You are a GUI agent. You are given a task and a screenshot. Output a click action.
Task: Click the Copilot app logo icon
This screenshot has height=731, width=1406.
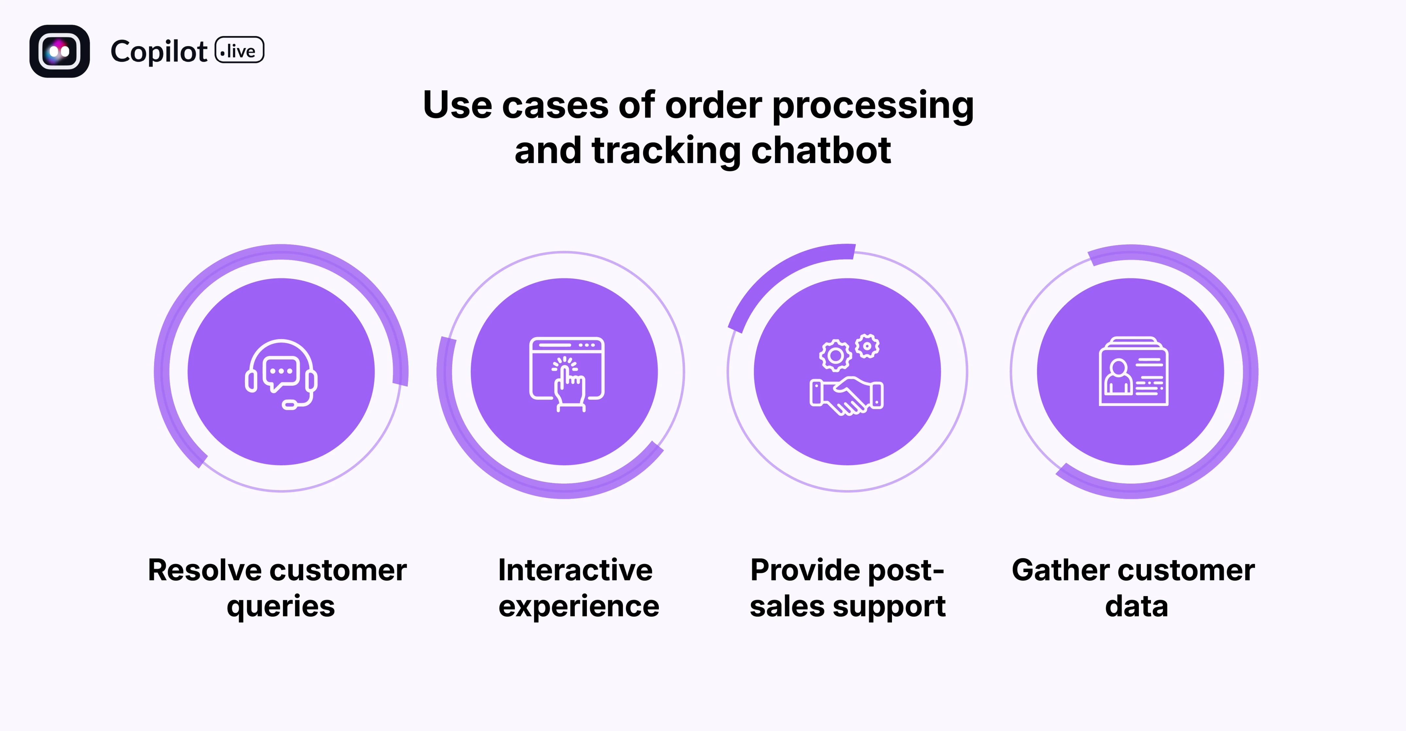click(60, 51)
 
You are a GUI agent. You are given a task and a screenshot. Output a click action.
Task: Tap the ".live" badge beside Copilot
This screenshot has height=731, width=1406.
click(240, 51)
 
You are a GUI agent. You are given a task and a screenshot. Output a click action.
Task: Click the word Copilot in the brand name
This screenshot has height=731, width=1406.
click(158, 52)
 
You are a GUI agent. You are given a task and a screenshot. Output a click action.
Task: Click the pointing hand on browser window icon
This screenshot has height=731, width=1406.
click(567, 374)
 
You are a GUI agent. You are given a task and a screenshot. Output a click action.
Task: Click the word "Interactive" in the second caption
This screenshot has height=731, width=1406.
click(575, 570)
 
